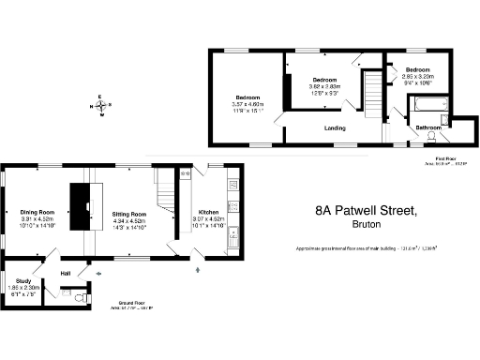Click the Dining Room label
pos(38,213)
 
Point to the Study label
pos(25,280)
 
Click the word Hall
pos(66,274)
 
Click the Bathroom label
pos(428,127)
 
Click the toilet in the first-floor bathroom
pos(432,137)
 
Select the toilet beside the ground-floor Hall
pos(81,287)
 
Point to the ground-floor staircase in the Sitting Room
pos(167,192)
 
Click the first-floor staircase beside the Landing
pos(372,94)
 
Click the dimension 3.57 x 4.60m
pos(248,104)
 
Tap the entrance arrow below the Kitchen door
pos(197,271)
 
